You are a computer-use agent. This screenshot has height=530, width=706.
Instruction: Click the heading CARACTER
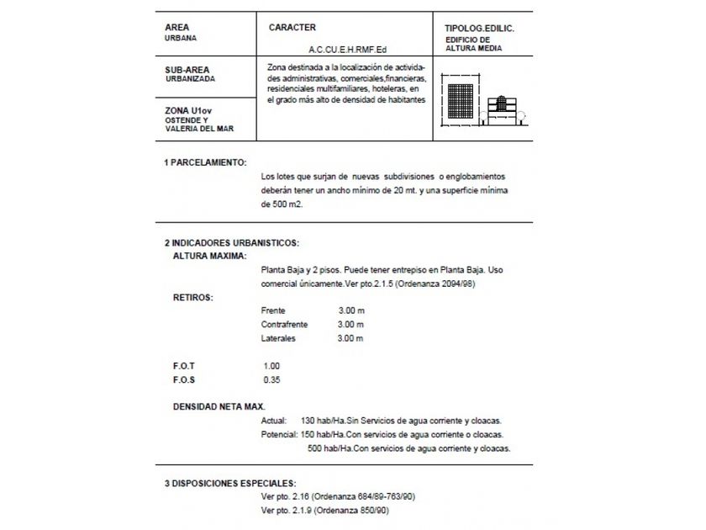tap(292, 28)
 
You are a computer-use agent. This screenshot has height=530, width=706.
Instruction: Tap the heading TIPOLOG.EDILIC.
tap(479, 29)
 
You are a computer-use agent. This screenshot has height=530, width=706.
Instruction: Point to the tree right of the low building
tap(521, 117)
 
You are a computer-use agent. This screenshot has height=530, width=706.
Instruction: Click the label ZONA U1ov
tap(187, 109)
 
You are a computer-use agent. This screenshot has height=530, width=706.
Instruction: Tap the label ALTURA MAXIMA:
tap(209, 254)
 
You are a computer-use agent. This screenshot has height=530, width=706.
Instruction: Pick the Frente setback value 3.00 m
tap(350, 310)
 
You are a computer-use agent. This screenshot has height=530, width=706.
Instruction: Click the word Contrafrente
tap(285, 324)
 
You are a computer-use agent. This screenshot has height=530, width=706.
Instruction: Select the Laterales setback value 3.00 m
tap(350, 338)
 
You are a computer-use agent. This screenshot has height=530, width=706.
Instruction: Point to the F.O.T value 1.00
tap(271, 366)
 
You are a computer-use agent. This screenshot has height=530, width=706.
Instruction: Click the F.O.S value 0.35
tap(271, 379)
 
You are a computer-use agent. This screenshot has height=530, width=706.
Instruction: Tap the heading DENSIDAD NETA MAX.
tap(218, 406)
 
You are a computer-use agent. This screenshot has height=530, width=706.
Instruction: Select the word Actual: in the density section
tap(275, 421)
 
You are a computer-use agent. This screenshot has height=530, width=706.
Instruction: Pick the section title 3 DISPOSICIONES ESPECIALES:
tap(229, 484)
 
